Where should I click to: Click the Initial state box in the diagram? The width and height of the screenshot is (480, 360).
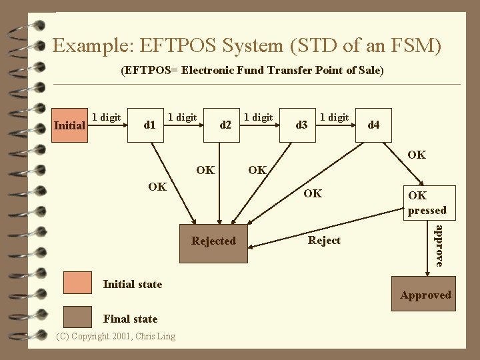(x=70, y=125)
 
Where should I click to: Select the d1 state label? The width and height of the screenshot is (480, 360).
(x=150, y=125)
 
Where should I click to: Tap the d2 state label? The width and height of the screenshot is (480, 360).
(x=226, y=125)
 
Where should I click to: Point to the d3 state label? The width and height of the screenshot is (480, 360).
(x=302, y=125)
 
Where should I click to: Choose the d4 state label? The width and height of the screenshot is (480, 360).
(x=374, y=125)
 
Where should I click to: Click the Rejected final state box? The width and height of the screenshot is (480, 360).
(x=213, y=241)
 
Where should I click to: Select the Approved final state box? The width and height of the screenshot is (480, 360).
(x=426, y=295)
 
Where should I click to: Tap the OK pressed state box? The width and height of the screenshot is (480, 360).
(x=427, y=203)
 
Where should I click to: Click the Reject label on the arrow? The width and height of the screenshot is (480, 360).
(x=325, y=241)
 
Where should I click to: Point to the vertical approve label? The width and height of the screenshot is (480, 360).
(x=439, y=246)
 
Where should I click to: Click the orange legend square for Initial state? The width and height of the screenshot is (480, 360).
(x=77, y=283)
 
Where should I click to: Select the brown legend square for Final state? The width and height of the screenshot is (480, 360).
(x=77, y=318)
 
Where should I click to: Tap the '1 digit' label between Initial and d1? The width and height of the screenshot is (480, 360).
(x=106, y=117)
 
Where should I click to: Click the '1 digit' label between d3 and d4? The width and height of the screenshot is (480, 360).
(x=335, y=117)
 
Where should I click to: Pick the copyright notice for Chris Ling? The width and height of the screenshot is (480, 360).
(x=116, y=336)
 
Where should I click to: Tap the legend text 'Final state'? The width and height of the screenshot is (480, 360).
(x=131, y=319)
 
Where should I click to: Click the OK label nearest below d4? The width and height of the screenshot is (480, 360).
(x=417, y=155)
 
